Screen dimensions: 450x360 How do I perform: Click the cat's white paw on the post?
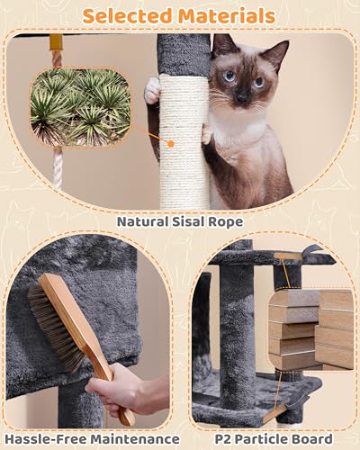click(153, 89)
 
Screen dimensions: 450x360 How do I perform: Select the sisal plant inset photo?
click(81, 107)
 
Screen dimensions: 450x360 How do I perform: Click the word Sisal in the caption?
click(192, 220)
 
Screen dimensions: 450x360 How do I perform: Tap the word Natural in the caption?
click(144, 220)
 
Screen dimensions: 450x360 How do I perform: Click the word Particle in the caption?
click(260, 436)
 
